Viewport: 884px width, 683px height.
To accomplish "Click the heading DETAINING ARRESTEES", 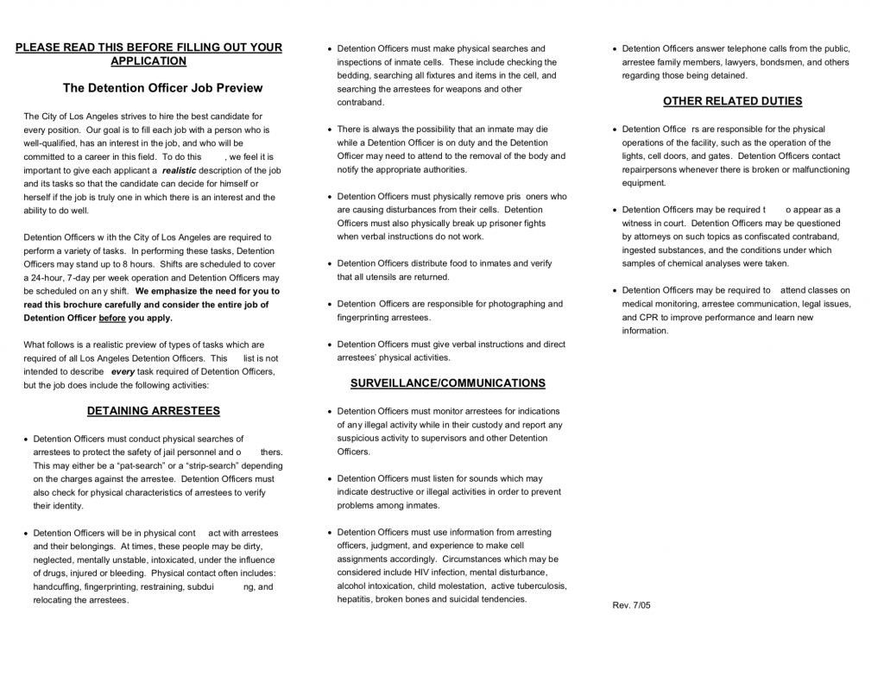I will pyautogui.click(x=154, y=411).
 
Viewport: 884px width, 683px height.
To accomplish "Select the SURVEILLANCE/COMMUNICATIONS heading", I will pyautogui.click(x=447, y=383).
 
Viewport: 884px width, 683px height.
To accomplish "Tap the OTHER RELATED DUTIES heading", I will pyautogui.click(x=732, y=101).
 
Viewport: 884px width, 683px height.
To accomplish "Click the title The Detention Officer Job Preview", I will pyautogui.click(x=163, y=88).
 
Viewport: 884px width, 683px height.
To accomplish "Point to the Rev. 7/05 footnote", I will pyautogui.click(x=631, y=605).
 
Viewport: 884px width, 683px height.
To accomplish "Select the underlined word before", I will pyautogui.click(x=112, y=318).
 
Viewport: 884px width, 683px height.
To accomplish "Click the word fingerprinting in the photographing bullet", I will pyautogui.click(x=364, y=318).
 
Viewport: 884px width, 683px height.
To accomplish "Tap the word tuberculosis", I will pyautogui.click(x=539, y=585).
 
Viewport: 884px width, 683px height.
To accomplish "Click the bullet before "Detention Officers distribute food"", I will pyautogui.click(x=330, y=264).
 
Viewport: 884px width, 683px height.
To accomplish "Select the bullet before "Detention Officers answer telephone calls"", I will pyautogui.click(x=615, y=48).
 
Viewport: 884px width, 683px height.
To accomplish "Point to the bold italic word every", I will pyautogui.click(x=123, y=371).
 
